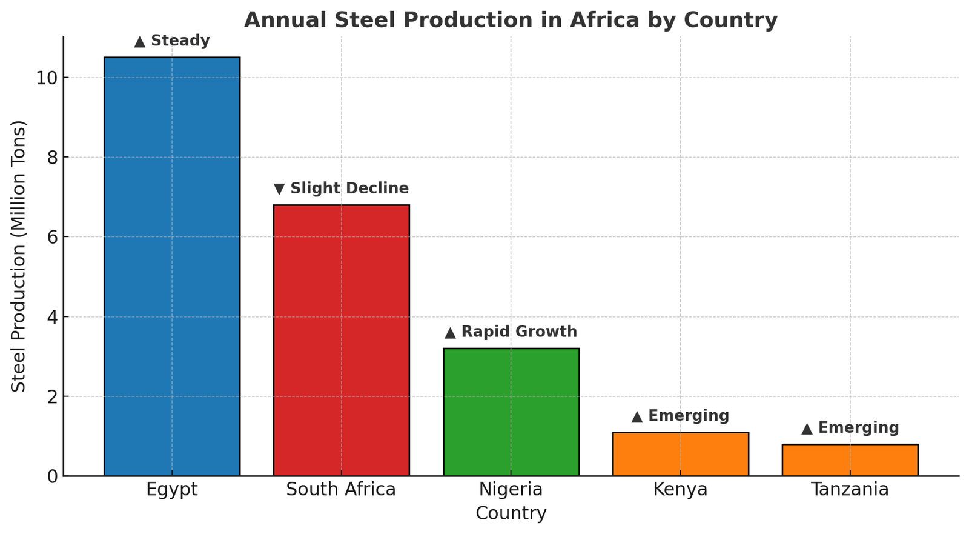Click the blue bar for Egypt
point(172,267)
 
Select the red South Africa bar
point(341,340)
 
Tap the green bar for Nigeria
point(511,412)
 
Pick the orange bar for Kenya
point(680,454)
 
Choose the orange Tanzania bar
point(850,460)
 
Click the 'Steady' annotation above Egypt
point(172,41)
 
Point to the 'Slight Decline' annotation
point(342,189)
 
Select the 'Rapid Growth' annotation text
point(511,332)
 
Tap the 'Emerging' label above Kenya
point(680,416)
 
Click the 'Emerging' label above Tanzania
point(850,428)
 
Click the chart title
point(511,20)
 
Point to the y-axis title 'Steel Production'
point(19,256)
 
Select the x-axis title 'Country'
point(511,514)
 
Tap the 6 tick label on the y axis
point(53,238)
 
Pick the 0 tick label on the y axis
point(53,476)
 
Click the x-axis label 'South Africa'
point(341,490)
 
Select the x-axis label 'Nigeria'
point(511,490)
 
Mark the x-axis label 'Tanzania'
point(850,490)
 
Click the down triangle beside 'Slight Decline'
point(279,189)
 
